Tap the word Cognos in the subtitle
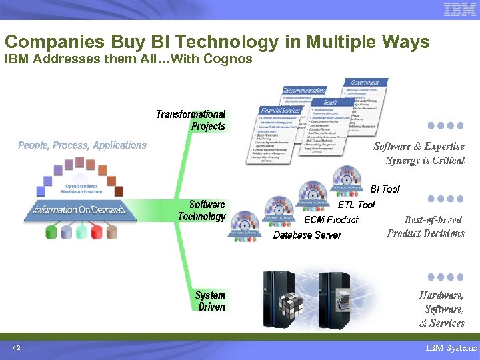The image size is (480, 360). [229, 59]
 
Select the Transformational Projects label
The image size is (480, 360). [191, 120]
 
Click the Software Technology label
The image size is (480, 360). [202, 210]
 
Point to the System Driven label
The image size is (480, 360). [210, 301]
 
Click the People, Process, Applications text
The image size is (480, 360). [82, 145]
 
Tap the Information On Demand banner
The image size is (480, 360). [79, 209]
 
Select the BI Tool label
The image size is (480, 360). [385, 189]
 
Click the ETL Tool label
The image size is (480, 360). [356, 205]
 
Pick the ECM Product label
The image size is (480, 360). [331, 219]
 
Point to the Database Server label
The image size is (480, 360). [307, 235]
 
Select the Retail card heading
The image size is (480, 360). [329, 103]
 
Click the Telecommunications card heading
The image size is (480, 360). [305, 90]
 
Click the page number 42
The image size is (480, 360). [17, 348]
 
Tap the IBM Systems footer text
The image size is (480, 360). [451, 348]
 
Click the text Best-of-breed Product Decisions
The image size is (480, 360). [425, 226]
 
